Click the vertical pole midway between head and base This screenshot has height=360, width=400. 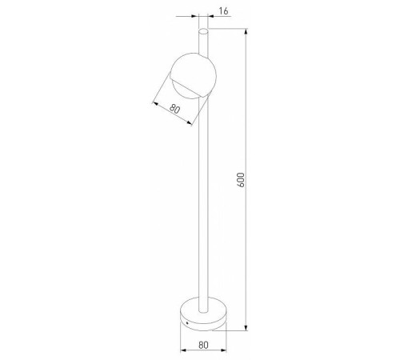(x=203, y=200)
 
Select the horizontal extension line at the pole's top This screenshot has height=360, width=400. (x=228, y=30)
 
